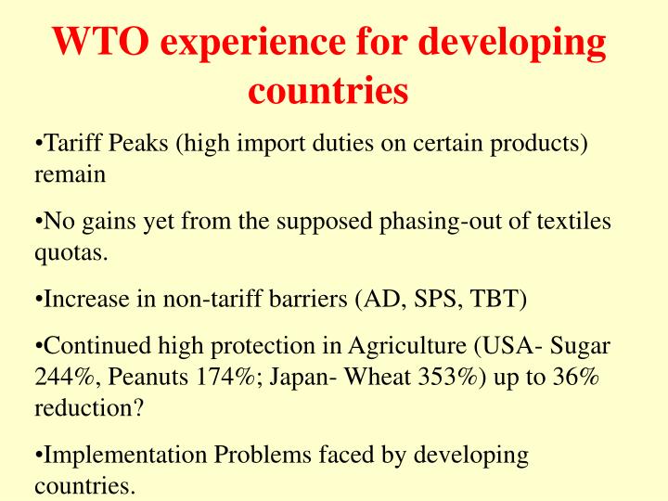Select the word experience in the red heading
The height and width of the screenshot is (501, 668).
pos(245,44)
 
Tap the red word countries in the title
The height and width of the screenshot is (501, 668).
pos(329,91)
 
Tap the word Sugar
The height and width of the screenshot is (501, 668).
pos(581,348)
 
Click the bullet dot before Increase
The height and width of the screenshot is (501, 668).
pos(39,299)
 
